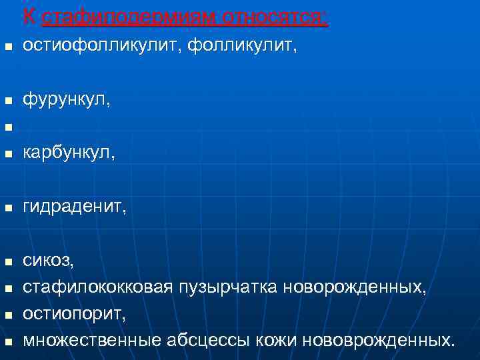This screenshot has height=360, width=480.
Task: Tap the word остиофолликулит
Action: (x=101, y=46)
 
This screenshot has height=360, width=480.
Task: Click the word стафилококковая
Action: (x=97, y=287)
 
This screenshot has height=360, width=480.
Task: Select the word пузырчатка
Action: (x=228, y=287)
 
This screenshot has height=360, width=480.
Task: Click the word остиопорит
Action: (x=74, y=314)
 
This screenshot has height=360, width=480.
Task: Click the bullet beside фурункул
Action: (x=8, y=101)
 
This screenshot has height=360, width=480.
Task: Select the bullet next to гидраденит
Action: (x=8, y=209)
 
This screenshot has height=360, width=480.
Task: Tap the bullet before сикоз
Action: (x=8, y=262)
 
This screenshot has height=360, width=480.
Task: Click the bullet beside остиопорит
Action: (x=8, y=315)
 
